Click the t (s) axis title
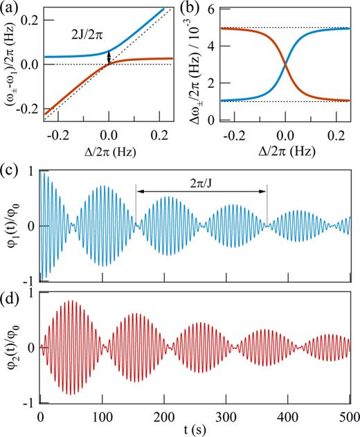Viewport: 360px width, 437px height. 196,429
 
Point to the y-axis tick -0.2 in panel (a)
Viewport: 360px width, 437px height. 26,107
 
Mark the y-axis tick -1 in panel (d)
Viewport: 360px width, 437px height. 31,402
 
